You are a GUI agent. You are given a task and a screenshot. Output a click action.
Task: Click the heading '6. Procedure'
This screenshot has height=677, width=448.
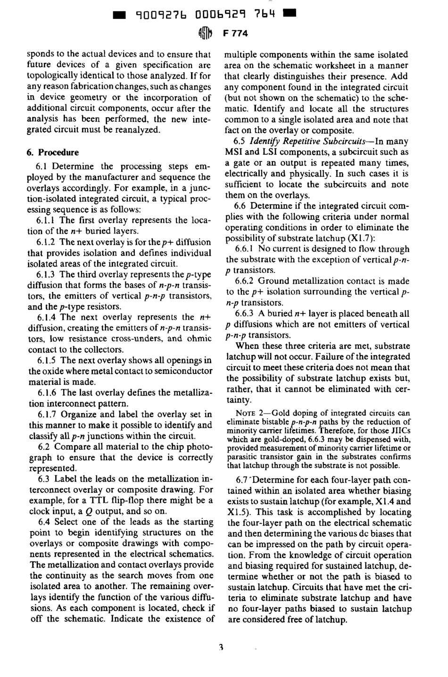pos(53,152)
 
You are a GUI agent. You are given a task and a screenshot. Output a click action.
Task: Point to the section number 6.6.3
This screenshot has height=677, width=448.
pos(245,314)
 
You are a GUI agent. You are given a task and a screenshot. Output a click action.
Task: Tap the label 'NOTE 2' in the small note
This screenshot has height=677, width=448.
pos(249,414)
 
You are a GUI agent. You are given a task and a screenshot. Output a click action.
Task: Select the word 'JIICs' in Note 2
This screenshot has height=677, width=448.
pos(401,431)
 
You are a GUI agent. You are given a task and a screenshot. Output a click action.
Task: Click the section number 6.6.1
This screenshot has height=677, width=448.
pos(245,249)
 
